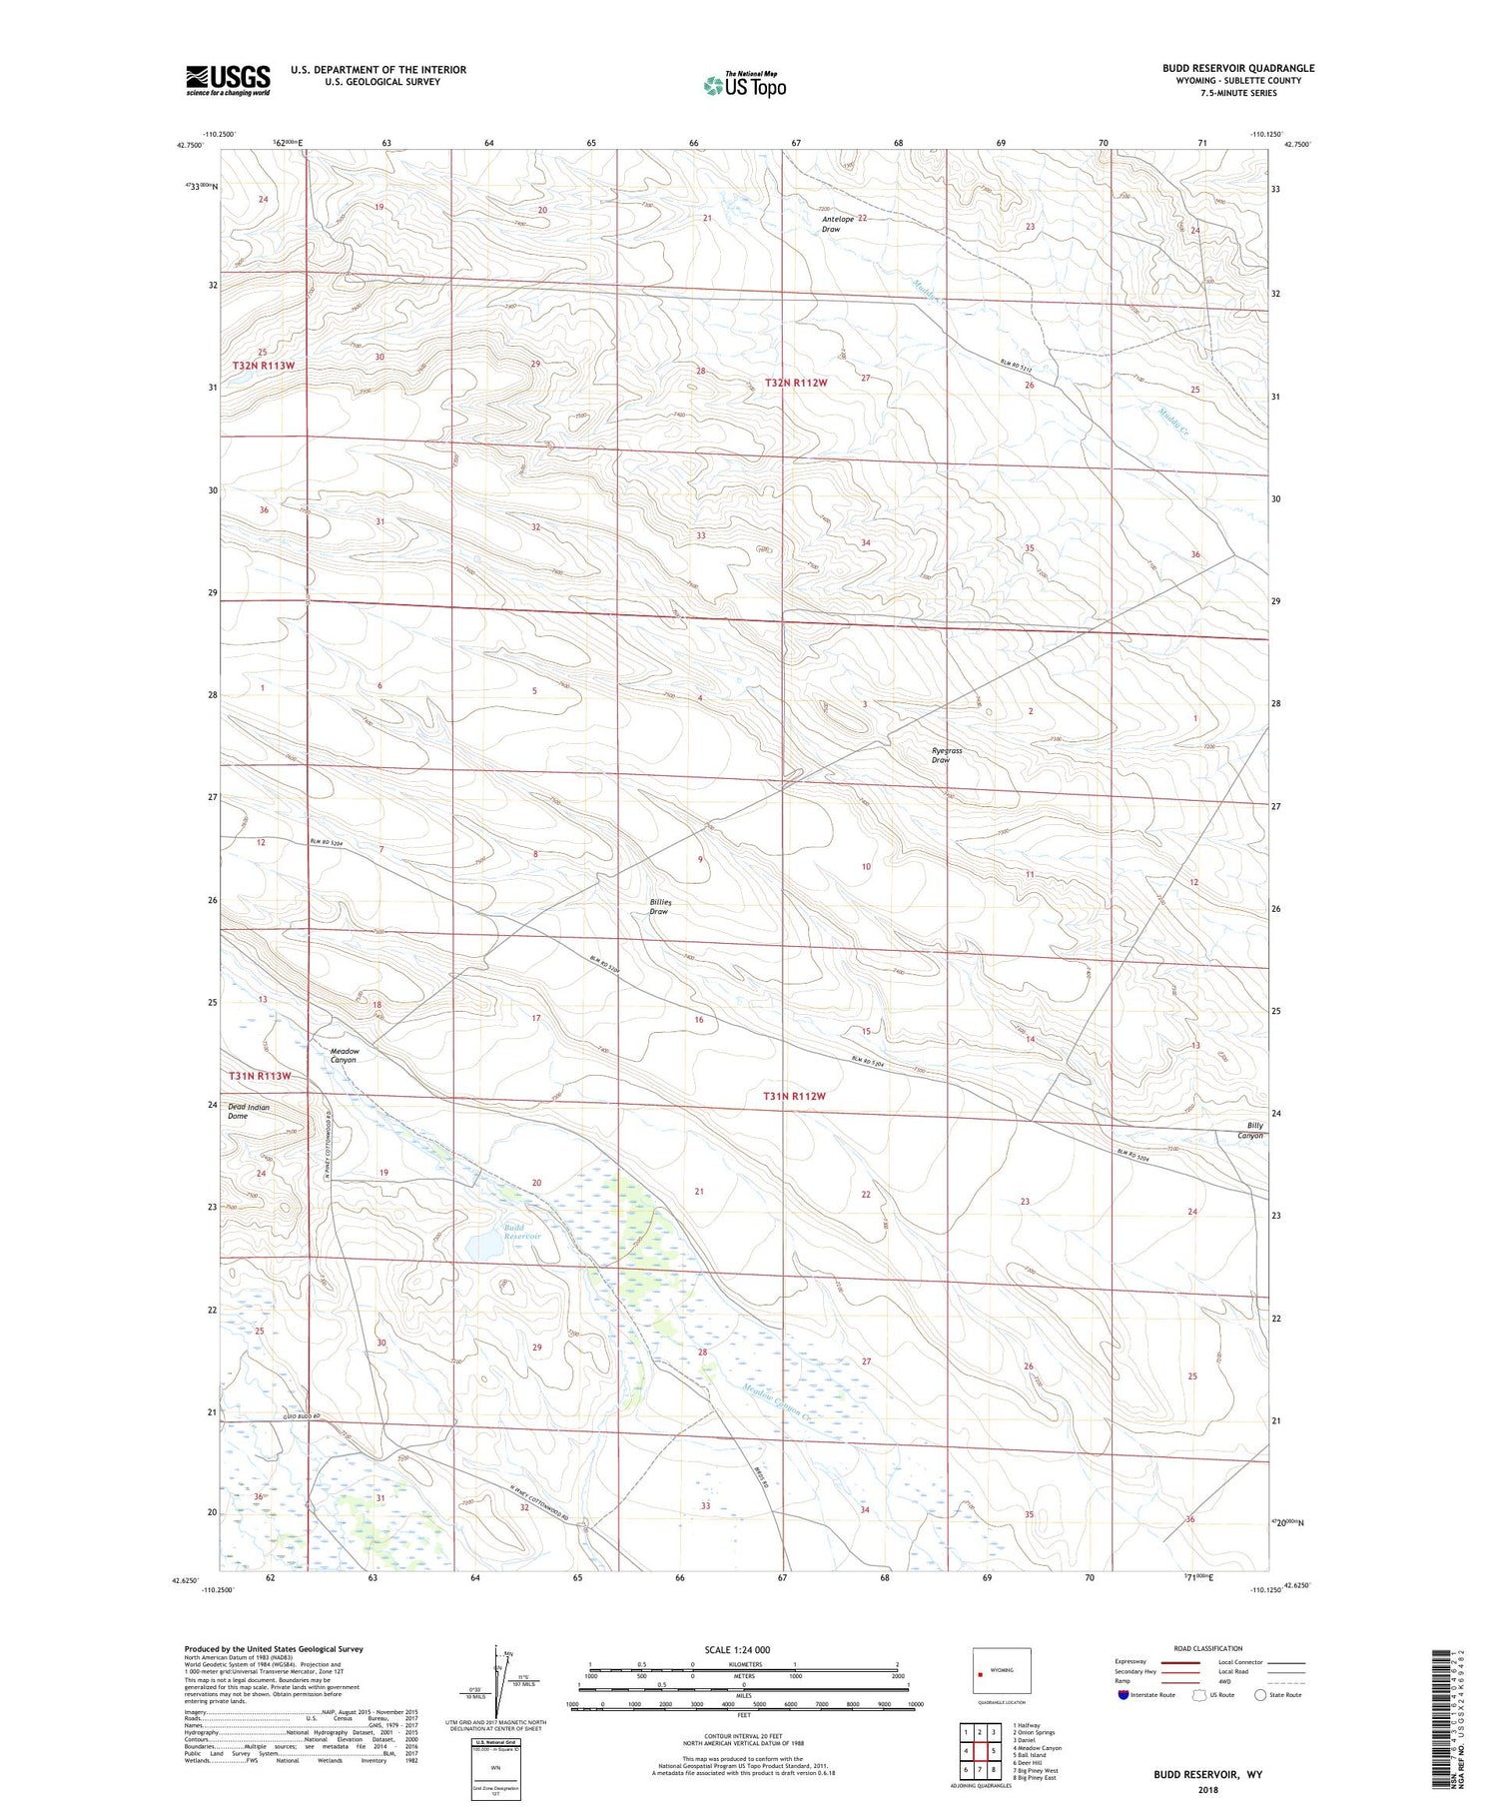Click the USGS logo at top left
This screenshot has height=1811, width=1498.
click(228, 80)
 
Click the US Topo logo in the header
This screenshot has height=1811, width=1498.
click(745, 86)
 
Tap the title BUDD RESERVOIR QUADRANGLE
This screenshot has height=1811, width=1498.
click(1237, 68)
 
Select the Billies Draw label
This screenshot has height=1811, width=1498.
click(660, 907)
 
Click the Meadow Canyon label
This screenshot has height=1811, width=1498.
click(345, 1056)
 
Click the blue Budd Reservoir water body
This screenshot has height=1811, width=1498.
click(486, 1248)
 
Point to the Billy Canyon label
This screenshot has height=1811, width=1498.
click(1250, 1130)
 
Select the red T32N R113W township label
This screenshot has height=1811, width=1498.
click(264, 366)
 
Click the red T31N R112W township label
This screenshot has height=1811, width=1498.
click(795, 1096)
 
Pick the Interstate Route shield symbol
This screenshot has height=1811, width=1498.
click(1123, 1695)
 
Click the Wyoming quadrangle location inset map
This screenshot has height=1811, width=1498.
click(1001, 1670)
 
